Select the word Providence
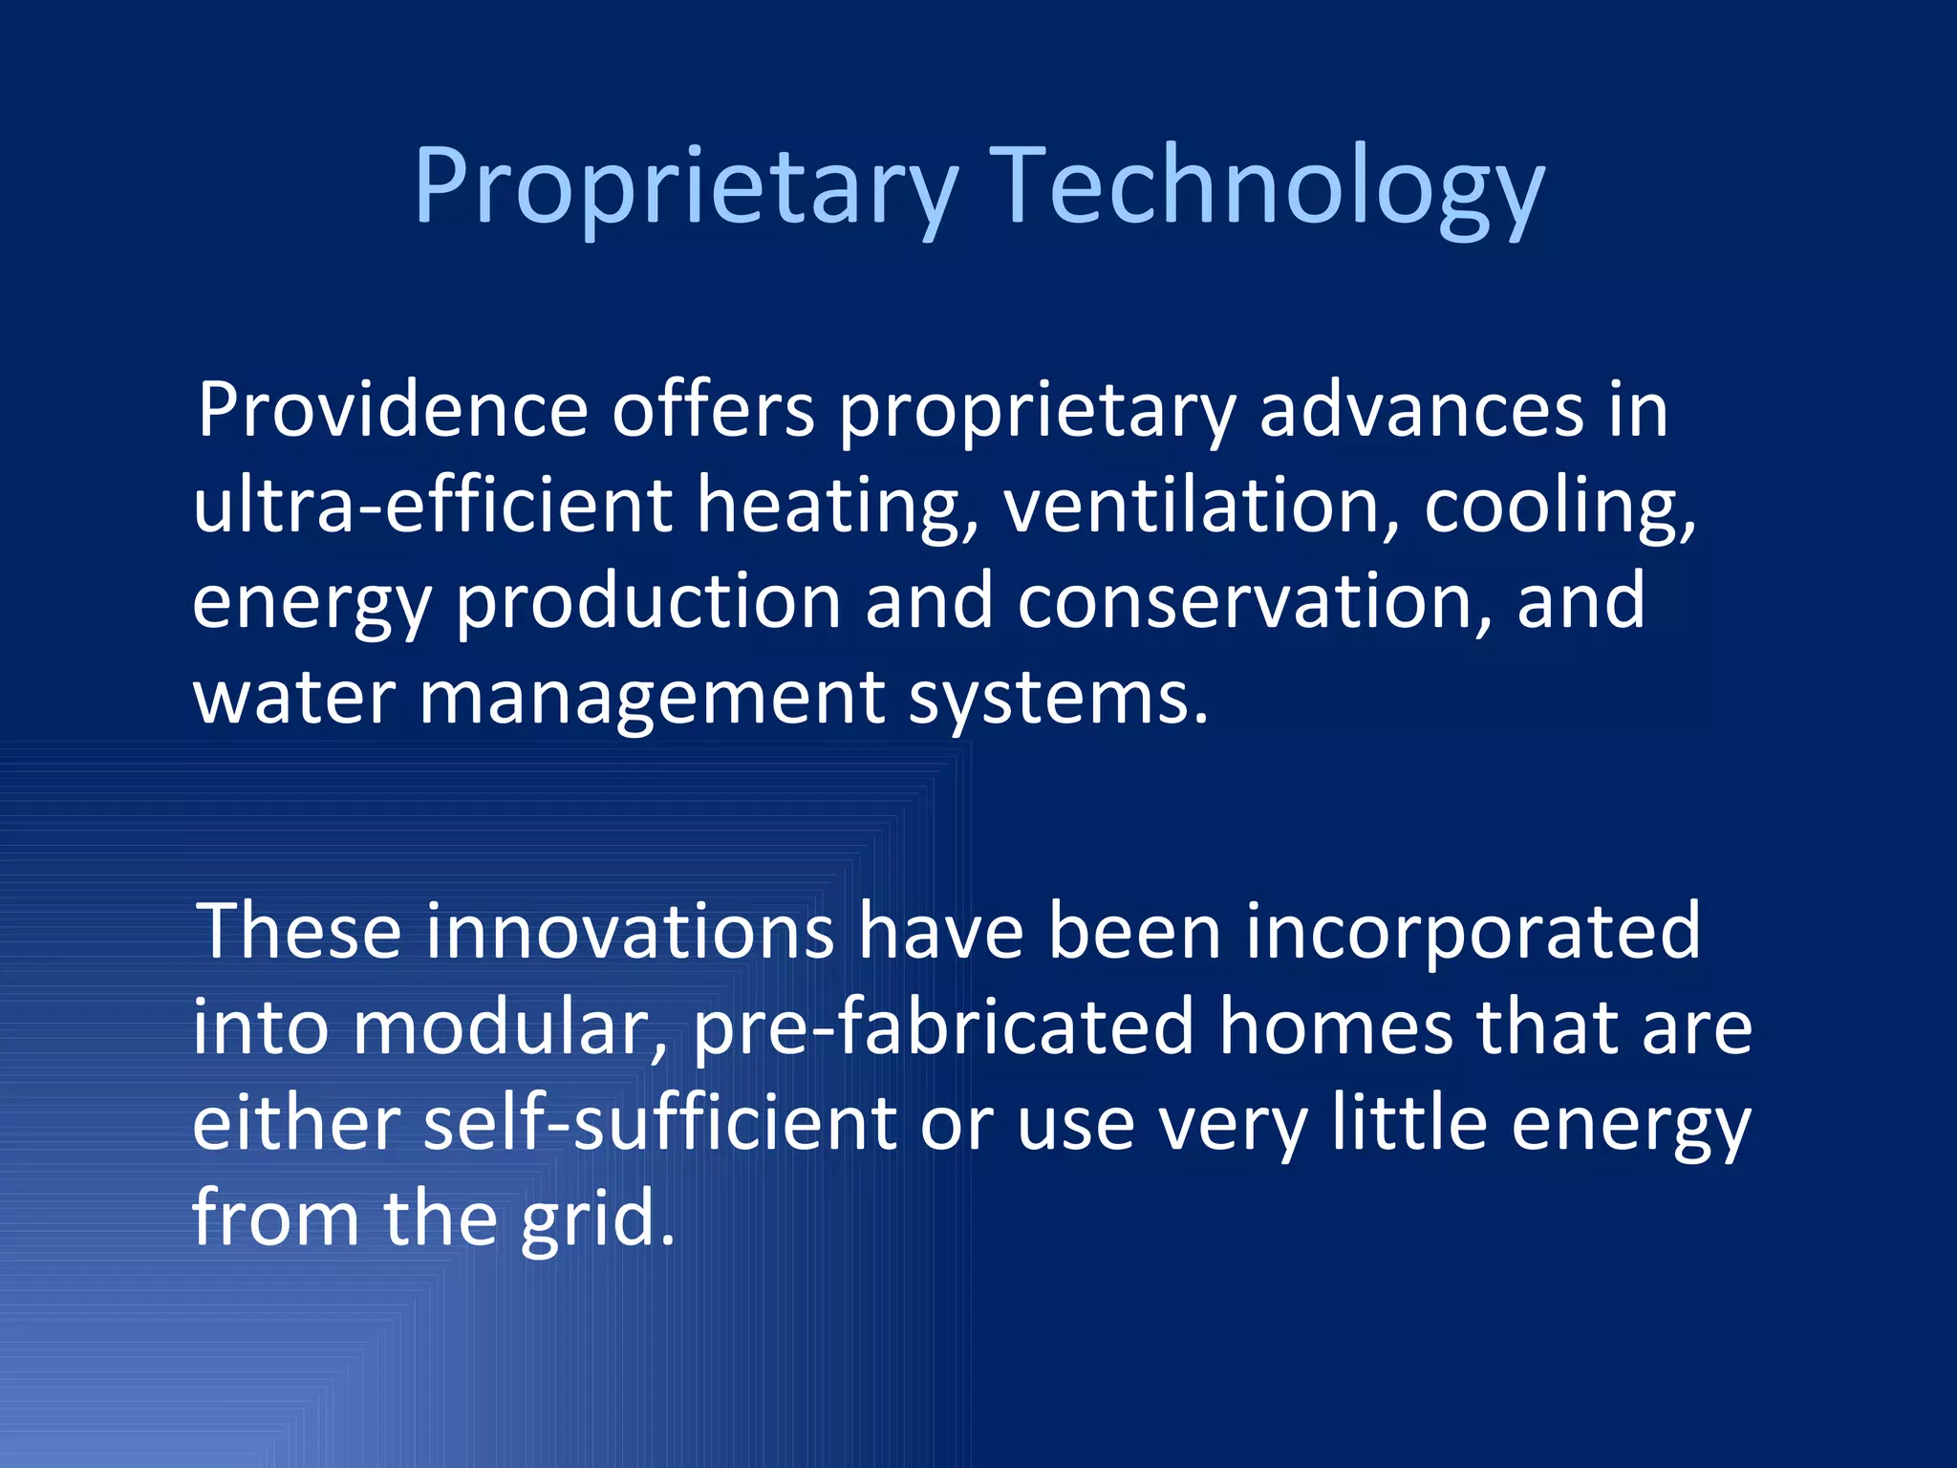[392, 411]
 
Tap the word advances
[1421, 411]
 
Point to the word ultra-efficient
[433, 507]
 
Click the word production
[647, 602]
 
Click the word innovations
[629, 932]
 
